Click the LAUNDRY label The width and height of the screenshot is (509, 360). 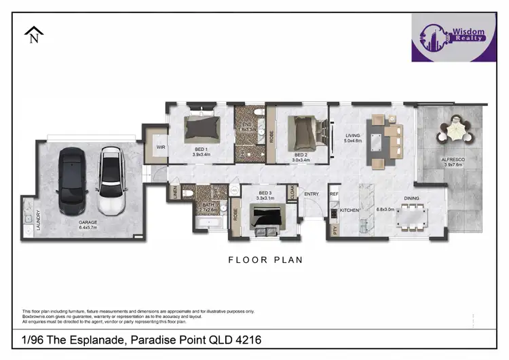pyautogui.click(x=29, y=219)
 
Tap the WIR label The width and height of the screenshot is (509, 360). pyautogui.click(x=161, y=147)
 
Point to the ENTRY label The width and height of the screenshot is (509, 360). pyautogui.click(x=312, y=194)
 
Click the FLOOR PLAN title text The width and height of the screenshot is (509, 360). pyautogui.click(x=265, y=259)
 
